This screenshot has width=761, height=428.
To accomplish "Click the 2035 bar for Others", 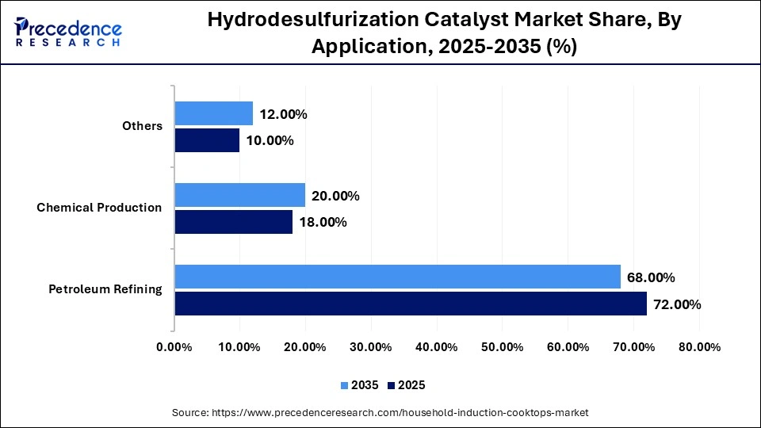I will click(214, 113).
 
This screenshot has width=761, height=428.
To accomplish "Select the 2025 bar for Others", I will click(207, 140).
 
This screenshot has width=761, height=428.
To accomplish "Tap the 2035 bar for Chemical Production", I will click(239, 195).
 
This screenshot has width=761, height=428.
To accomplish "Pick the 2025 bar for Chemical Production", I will click(233, 222).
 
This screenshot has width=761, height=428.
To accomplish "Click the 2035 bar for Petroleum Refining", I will click(397, 277).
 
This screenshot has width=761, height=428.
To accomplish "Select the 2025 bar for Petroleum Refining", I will click(411, 304).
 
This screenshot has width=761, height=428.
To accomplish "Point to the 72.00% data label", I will click(677, 304).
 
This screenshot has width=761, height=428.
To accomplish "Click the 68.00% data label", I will click(651, 277).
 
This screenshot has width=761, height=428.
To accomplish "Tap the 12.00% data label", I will click(283, 114).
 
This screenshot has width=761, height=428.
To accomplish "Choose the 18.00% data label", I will click(323, 223).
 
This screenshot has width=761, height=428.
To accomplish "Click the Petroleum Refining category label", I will click(105, 289).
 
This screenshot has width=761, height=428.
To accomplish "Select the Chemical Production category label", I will click(99, 208).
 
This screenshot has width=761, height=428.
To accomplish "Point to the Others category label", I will click(142, 126).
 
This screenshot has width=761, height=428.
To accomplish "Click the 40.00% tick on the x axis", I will click(436, 347).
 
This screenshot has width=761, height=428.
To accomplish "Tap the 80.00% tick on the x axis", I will click(698, 347).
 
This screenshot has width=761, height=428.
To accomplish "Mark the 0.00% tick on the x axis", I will click(174, 347).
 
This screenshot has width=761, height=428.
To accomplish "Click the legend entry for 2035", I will click(361, 385).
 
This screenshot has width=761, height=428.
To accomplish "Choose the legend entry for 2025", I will click(406, 385).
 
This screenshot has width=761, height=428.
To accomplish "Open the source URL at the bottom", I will click(380, 413).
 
